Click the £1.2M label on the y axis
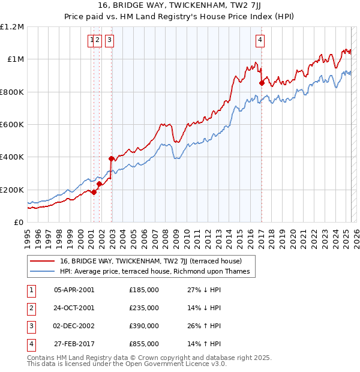coord(12,26)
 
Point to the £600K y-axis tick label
coord(12,124)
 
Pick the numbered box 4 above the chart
coord(260,40)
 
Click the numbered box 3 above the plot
coord(110,40)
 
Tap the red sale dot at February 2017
coord(262,83)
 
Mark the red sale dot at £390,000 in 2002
coord(111,159)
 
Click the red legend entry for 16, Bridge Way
coord(151,261)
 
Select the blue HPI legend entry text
coord(154,272)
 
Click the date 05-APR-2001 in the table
coord(74,290)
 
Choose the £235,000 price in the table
coord(144,308)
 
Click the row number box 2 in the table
coord(31,308)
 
